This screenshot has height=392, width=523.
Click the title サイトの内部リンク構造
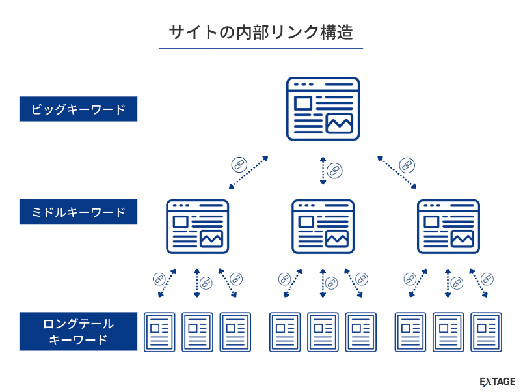[x=261, y=33]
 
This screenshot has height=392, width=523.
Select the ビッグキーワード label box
[x=78, y=109]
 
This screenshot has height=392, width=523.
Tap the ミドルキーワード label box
[x=78, y=212]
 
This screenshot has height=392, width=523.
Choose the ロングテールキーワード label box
[x=78, y=331]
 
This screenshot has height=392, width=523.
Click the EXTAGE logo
[x=497, y=382]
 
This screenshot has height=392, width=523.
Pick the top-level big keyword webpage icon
[x=323, y=109]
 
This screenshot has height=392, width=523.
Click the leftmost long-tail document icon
[x=159, y=332]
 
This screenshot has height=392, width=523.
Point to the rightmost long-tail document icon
[x=486, y=332]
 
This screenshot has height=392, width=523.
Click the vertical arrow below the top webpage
[x=323, y=171]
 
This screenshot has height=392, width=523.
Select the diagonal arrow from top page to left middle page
[x=248, y=173]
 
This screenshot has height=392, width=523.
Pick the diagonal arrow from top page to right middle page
[x=397, y=173]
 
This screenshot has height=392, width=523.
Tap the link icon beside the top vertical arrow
[x=334, y=171]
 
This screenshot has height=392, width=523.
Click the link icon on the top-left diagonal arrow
[x=239, y=163]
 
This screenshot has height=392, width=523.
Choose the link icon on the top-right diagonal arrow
[x=407, y=163]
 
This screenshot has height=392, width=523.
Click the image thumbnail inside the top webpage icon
[x=339, y=123]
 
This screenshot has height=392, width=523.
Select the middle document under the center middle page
[x=323, y=332]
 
